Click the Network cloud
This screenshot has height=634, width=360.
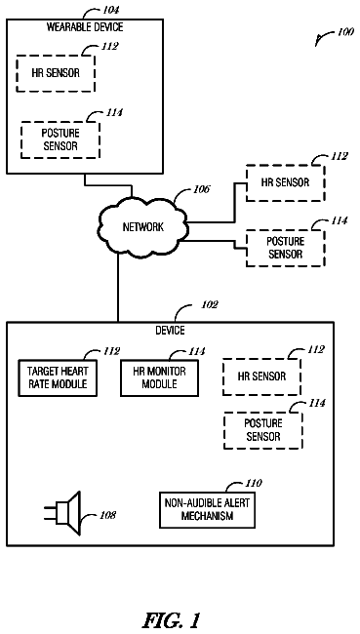(142, 226)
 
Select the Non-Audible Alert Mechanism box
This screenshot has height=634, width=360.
(207, 510)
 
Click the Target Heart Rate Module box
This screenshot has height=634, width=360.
(58, 377)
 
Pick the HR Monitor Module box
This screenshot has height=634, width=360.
(159, 377)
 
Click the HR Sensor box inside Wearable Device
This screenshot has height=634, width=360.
(56, 73)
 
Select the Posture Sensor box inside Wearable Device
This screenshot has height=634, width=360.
(60, 139)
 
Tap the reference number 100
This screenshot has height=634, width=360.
(345, 32)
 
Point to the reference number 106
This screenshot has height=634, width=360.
(201, 189)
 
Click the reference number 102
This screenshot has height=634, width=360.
(210, 304)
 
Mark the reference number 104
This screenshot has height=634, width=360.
(110, 10)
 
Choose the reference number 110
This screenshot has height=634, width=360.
(254, 483)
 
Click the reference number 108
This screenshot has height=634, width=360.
(107, 515)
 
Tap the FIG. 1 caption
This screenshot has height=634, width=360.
(172, 619)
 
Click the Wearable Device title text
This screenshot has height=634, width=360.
(85, 27)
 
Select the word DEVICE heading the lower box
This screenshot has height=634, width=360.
(171, 331)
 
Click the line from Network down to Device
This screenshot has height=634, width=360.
(118, 288)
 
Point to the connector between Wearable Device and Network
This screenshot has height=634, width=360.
(107, 185)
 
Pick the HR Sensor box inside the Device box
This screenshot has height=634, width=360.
(261, 376)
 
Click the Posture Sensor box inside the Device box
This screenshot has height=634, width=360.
(263, 430)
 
